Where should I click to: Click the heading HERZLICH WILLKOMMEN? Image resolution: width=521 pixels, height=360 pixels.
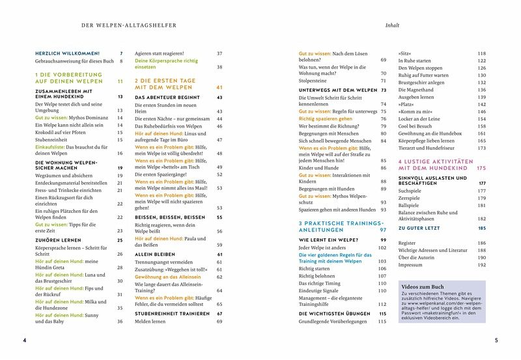(66, 53)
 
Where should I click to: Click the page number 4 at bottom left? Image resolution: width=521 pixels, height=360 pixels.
(24, 340)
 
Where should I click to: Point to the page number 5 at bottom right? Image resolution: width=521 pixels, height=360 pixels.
(496, 340)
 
